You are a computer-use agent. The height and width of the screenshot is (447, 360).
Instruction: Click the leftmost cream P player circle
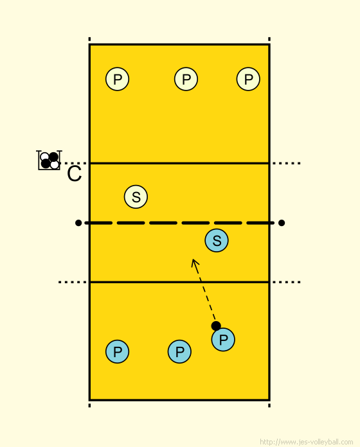(117, 79)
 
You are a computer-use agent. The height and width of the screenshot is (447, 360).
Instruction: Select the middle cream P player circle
(186, 79)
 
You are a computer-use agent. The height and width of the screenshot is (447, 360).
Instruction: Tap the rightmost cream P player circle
(248, 79)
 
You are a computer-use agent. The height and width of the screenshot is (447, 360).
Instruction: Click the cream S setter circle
(136, 197)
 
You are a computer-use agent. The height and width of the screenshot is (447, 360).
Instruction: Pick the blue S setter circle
(217, 240)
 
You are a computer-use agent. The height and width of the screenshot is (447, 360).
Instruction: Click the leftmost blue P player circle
(117, 351)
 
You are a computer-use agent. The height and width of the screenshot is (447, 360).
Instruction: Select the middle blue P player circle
(179, 351)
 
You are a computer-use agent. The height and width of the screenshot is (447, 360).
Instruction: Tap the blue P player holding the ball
(223, 340)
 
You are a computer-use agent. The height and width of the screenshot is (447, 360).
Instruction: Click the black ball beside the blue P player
(216, 326)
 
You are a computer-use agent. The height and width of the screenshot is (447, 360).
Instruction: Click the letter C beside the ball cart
(74, 173)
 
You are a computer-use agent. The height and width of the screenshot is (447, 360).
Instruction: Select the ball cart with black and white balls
(49, 160)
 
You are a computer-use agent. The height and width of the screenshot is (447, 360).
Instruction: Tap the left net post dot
(78, 223)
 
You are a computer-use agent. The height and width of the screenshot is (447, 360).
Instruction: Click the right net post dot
(282, 223)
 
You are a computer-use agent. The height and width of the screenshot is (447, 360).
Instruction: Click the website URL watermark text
(307, 442)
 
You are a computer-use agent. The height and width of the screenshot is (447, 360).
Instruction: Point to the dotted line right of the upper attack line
(286, 163)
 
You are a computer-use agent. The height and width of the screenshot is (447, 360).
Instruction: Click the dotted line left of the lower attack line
(73, 282)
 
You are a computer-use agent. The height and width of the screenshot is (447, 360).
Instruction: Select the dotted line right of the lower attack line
(286, 282)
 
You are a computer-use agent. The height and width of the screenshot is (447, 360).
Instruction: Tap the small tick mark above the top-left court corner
(89, 39)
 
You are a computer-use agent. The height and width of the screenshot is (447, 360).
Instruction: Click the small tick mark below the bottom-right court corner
(269, 405)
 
